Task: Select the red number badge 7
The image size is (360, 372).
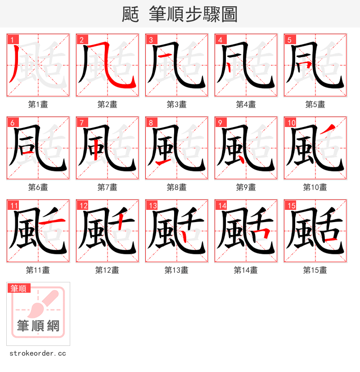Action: (x=81, y=122)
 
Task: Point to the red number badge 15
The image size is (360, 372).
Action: (x=290, y=206)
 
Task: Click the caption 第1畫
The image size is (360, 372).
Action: (x=38, y=104)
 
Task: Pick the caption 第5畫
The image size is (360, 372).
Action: (x=315, y=104)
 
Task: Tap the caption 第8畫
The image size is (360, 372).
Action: (x=176, y=187)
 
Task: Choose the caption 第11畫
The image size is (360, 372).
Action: (x=38, y=270)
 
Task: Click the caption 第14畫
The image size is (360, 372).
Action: (x=246, y=270)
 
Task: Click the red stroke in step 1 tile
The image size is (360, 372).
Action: (x=15, y=65)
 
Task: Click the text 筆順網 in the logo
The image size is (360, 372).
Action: (x=38, y=326)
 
